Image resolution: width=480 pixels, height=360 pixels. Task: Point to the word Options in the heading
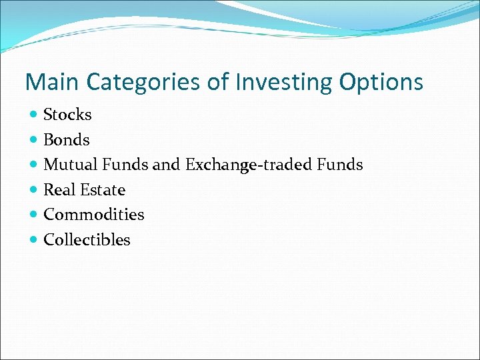381,82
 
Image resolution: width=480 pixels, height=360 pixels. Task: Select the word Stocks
67,115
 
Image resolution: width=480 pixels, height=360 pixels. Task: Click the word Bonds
66,140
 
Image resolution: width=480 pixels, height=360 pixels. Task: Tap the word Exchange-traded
251,165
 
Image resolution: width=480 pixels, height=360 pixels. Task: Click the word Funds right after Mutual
125,165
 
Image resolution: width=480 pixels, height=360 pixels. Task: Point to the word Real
59,190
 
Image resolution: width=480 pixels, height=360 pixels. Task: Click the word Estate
103,190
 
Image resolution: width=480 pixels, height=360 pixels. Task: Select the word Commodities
93,215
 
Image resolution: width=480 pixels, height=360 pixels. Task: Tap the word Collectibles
87,240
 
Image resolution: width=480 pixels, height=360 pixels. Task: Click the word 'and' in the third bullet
167,165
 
